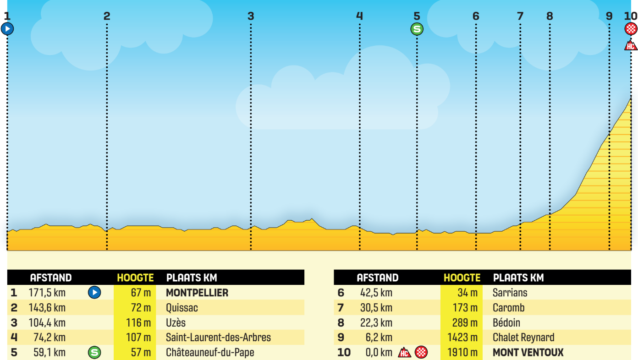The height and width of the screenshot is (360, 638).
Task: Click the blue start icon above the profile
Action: (7, 29)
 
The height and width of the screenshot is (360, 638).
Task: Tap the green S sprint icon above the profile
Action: (417, 29)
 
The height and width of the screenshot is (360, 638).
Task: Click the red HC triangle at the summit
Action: (631, 45)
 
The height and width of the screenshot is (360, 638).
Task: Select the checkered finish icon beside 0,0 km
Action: (421, 353)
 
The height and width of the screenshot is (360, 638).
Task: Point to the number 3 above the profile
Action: (251, 16)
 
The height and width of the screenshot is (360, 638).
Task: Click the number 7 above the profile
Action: (520, 16)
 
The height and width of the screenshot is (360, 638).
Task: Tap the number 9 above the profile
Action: (609, 16)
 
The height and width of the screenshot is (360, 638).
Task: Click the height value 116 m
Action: (138, 323)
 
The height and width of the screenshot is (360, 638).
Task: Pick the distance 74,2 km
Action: (49, 338)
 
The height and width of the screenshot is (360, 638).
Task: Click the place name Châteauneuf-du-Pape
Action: (210, 353)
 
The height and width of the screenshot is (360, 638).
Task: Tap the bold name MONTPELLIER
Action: (197, 293)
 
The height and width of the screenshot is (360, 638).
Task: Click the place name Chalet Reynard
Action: (523, 338)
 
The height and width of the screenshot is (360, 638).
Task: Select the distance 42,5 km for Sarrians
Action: (376, 293)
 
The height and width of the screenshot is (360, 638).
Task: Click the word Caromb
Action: (508, 308)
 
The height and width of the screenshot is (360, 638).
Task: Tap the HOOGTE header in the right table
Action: (462, 278)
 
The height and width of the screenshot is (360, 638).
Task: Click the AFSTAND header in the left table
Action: (51, 278)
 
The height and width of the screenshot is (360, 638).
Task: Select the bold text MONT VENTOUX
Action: (528, 353)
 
